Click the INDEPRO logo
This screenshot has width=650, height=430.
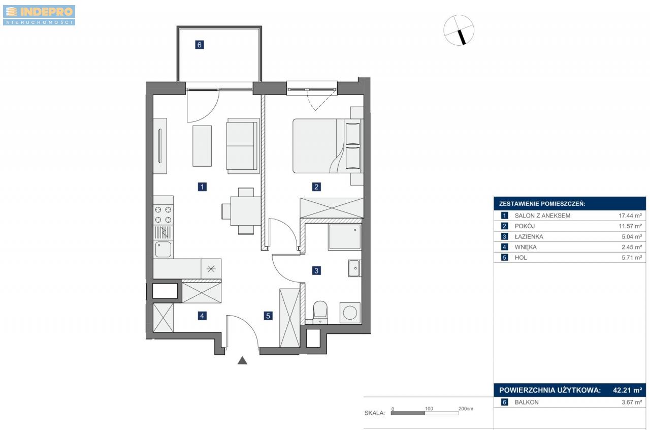pyautogui.click(x=39, y=15)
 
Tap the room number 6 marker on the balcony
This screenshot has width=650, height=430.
pyautogui.click(x=200, y=45)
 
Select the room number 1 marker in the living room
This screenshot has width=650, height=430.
pyautogui.click(x=202, y=187)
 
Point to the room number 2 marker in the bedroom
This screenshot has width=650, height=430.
pyautogui.click(x=316, y=187)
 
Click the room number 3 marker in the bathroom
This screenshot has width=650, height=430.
pyautogui.click(x=316, y=270)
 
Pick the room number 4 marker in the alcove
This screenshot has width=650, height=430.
pyautogui.click(x=202, y=316)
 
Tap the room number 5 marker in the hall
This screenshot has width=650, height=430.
pyautogui.click(x=268, y=316)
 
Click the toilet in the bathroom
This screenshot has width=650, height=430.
pyautogui.click(x=320, y=312)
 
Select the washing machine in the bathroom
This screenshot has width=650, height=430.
pyautogui.click(x=350, y=313)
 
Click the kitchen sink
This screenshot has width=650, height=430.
pyautogui.click(x=163, y=249)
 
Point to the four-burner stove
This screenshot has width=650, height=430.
pyautogui.click(x=163, y=214)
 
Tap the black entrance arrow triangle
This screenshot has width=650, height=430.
pyautogui.click(x=242, y=360)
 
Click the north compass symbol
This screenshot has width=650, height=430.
pyautogui.click(x=459, y=30)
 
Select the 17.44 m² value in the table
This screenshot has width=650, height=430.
pyautogui.click(x=630, y=216)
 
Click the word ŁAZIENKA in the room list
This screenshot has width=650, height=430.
pyautogui.click(x=529, y=236)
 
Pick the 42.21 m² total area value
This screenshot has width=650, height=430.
pyautogui.click(x=627, y=390)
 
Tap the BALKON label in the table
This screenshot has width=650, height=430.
pyautogui.click(x=527, y=402)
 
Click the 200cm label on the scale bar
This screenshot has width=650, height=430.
pyautogui.click(x=466, y=409)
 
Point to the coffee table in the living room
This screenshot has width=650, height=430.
pyautogui.click(x=202, y=146)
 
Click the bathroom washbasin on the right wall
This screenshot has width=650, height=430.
pyautogui.click(x=354, y=268)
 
